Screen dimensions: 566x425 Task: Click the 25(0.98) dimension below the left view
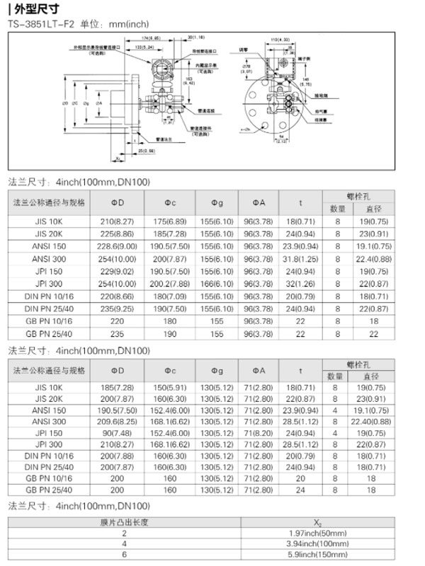[x=147, y=151]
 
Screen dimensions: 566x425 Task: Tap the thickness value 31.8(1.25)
[x=300, y=258]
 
